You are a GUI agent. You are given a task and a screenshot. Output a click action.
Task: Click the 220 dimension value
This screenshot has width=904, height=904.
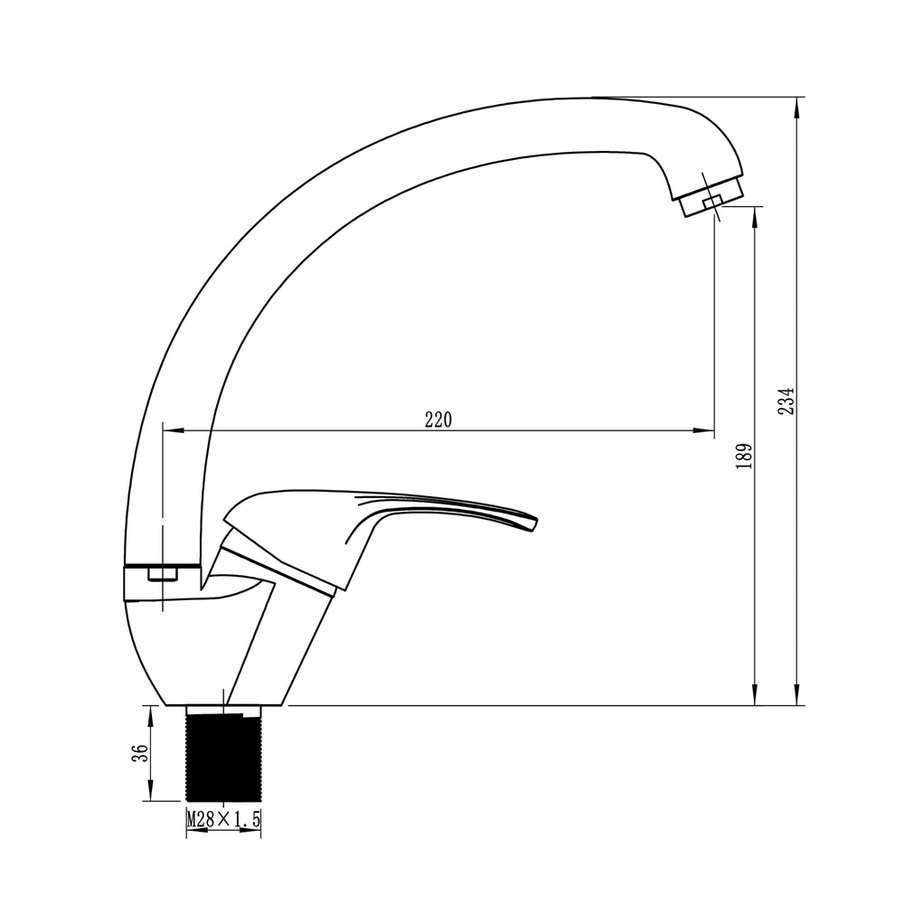pos(438,419)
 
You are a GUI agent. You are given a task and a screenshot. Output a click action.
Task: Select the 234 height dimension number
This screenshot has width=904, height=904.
pos(786,400)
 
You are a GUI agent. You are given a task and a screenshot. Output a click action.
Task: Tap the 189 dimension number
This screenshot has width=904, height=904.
pos(744,456)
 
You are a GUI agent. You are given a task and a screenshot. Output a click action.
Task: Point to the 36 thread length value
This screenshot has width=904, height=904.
pos(140,753)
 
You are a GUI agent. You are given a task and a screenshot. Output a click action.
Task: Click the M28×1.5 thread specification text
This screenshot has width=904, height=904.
pos(223,819)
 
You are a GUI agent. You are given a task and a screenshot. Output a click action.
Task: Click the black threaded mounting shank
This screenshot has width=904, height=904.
pos(223,753)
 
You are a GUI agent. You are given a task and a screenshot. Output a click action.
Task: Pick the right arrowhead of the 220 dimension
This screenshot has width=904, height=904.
pos(704,430)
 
